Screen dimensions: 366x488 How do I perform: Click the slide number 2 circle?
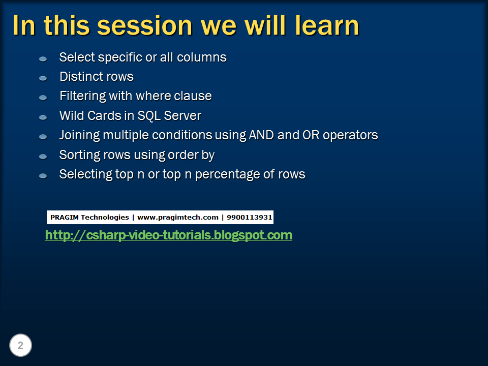tap(20, 346)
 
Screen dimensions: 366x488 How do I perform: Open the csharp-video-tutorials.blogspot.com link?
tap(168, 235)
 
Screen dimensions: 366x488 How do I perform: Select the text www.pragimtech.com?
tap(177, 218)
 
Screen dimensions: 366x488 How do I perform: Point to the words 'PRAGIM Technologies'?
tap(89, 218)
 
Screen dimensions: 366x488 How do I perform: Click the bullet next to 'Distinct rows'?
tap(43, 78)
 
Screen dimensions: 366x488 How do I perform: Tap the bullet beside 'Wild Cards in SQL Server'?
tap(43, 117)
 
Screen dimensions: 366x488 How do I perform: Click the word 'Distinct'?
tap(78, 77)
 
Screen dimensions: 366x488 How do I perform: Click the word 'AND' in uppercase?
tap(261, 135)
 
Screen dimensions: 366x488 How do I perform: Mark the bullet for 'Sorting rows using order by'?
tap(43, 156)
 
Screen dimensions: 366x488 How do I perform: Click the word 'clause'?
tap(195, 96)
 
